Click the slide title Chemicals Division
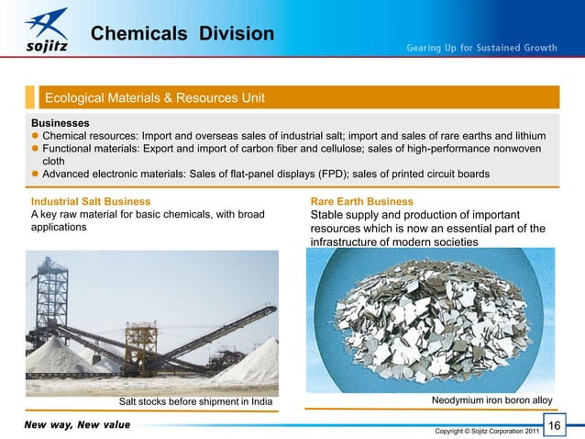182,34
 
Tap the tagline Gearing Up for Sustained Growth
481,48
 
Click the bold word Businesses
61,121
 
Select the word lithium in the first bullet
536,135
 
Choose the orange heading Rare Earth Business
362,201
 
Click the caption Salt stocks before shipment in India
196,401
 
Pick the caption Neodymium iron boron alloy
491,400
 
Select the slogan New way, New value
72,424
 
